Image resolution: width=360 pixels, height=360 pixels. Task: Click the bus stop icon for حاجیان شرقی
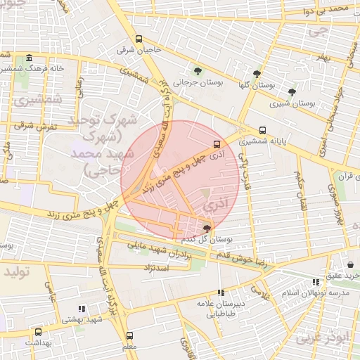coord(139,39)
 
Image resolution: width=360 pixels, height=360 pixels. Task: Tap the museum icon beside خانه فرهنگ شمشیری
coord(29,58)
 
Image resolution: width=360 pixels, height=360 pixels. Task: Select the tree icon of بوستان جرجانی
coord(198,71)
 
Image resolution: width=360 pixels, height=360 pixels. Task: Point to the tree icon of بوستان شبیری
coord(292,92)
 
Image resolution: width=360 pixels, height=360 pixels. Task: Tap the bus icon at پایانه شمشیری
coord(262,130)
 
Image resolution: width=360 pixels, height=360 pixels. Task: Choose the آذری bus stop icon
coord(216,146)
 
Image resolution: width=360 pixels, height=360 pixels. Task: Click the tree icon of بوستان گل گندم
coord(206,229)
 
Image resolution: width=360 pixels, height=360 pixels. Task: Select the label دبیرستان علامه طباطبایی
coord(219,310)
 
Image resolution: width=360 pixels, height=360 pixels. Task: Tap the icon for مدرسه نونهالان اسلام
coord(315,282)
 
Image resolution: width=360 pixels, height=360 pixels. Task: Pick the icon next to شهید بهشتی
coord(82,308)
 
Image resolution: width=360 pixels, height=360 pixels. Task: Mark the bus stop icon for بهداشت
coord(38,332)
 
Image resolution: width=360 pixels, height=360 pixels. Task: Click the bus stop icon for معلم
coord(129,336)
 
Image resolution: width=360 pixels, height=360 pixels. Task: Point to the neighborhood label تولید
coord(18,271)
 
